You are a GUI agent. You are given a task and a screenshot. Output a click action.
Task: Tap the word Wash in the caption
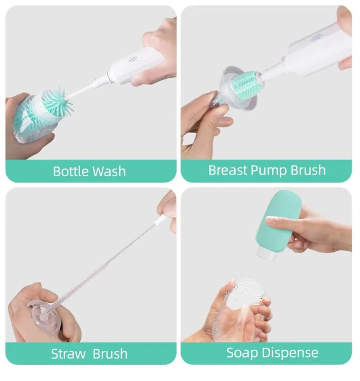coord(109,171)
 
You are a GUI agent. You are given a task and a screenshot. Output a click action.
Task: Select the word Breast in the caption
coord(228,170)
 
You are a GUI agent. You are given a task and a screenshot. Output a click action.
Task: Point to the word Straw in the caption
coord(68,354)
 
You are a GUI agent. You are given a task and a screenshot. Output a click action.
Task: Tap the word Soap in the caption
coord(242,353)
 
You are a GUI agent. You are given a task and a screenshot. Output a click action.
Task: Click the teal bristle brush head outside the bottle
coord(58,102)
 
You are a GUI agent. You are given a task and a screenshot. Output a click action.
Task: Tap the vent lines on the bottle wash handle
coord(132,59)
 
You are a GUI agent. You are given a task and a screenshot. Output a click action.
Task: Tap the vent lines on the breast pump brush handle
coord(316,38)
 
